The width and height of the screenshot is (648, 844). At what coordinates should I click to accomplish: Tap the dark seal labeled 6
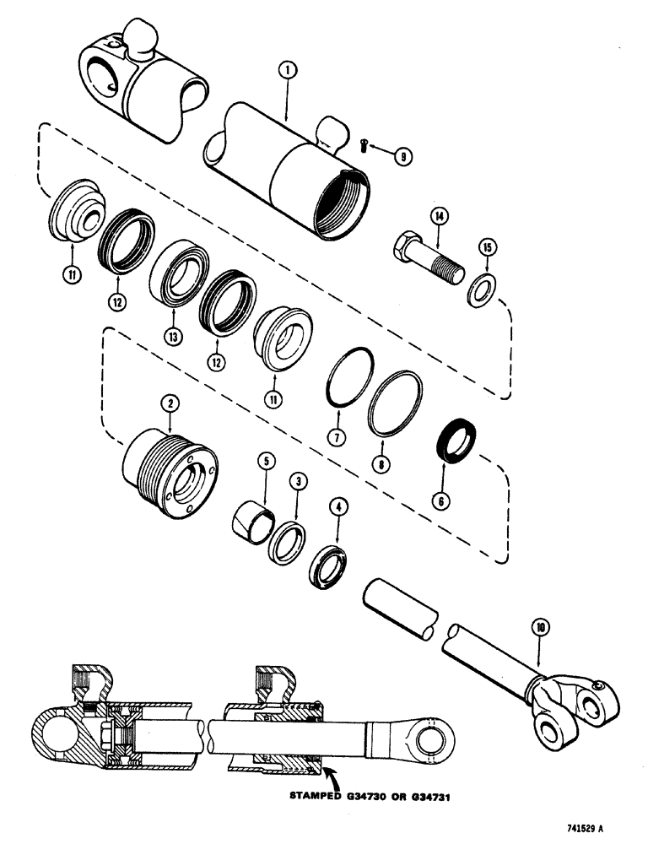456,441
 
